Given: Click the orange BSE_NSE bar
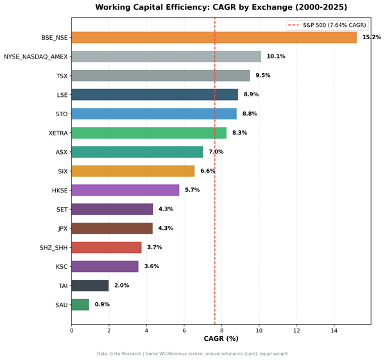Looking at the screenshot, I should [214, 38].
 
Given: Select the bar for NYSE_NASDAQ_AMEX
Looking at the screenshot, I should [166, 56].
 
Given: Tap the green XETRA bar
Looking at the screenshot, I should [149, 133].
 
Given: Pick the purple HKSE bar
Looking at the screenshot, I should [125, 190].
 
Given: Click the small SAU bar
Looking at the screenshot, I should [80, 304].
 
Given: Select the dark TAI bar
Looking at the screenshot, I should [90, 286].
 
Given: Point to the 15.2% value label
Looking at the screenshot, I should [372, 38].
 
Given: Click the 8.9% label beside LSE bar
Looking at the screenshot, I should [252, 95].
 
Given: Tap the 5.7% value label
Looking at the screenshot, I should [193, 190].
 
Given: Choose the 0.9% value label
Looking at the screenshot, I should [102, 304].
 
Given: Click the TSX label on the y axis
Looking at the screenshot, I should [62, 76].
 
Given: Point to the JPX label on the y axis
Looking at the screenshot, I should [62, 228].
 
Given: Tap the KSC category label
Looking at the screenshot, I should [61, 266].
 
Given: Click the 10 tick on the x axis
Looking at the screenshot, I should [259, 330].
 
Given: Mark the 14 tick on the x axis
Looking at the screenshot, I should [334, 330].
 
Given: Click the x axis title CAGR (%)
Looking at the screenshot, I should [221, 339].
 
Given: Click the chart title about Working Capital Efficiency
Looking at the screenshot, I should [221, 8].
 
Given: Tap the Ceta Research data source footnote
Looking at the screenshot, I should [193, 354].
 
